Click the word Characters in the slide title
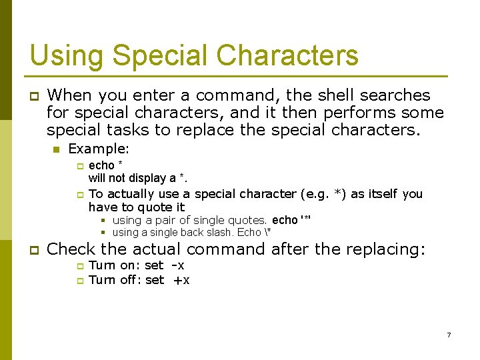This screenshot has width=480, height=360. tap(283, 55)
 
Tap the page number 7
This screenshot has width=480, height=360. tap(449, 335)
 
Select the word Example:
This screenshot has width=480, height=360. tap(99, 149)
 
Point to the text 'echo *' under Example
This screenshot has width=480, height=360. tap(105, 165)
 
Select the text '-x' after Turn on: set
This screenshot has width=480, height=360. tap(178, 265)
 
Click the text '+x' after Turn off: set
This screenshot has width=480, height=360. tap(181, 280)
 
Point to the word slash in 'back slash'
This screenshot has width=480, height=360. tap(219, 233)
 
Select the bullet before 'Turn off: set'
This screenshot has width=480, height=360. tap(78, 281)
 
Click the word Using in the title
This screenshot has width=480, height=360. tap(58, 55)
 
